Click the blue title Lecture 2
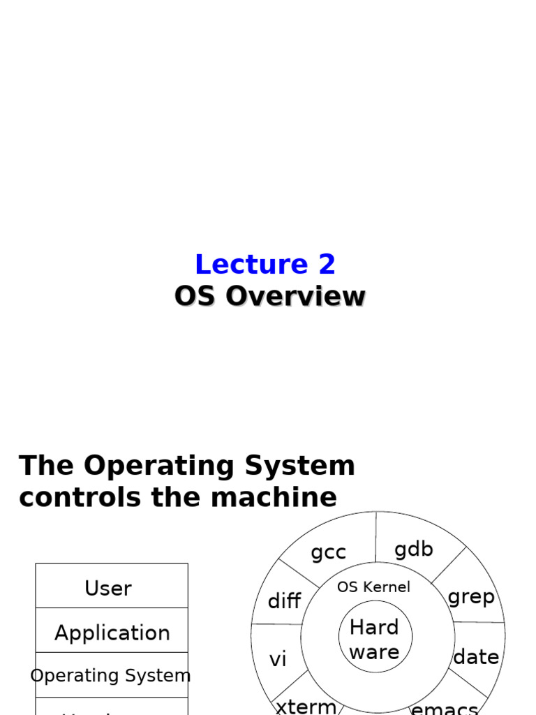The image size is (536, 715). (265, 265)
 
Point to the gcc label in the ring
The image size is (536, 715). (328, 552)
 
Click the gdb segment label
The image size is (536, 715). (413, 550)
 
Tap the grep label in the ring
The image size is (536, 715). (471, 597)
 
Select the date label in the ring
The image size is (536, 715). (476, 657)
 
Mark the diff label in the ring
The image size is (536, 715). (284, 601)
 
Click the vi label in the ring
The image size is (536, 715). (278, 659)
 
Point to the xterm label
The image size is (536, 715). (306, 706)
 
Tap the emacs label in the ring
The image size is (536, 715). (445, 709)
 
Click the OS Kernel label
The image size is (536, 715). (373, 587)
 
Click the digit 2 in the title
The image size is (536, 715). (327, 265)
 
